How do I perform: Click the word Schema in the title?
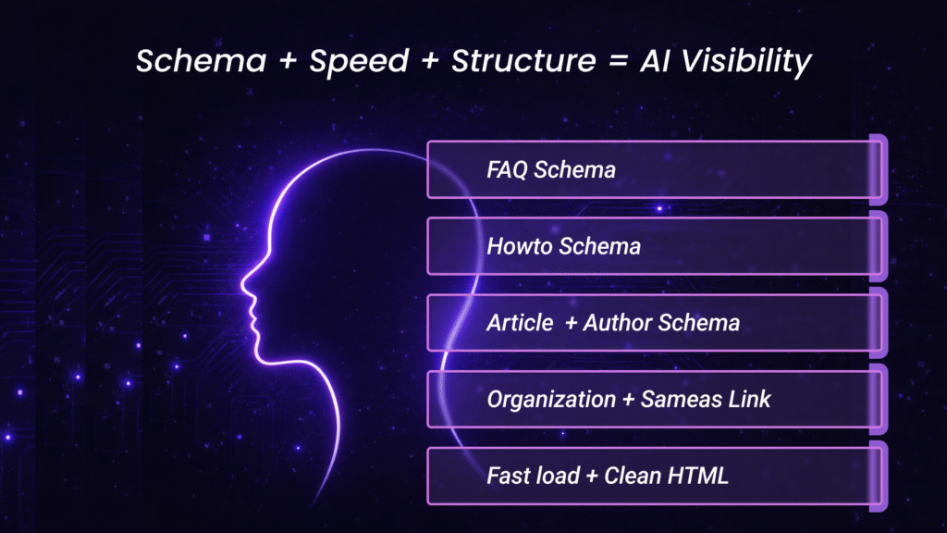pos(188,61)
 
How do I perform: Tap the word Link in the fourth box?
pos(749,400)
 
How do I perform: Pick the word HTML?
pos(700,477)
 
